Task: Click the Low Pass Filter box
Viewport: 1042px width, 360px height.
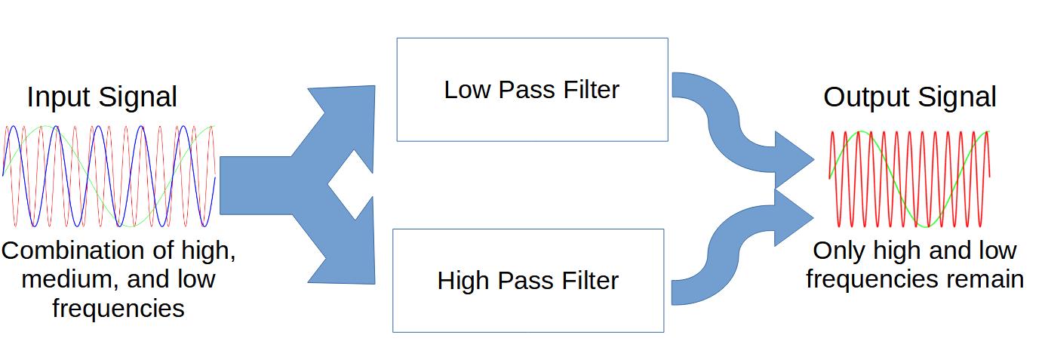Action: pos(532,90)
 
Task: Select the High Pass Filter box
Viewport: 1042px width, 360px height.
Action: pos(528,280)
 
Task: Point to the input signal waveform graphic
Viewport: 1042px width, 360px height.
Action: pos(109,176)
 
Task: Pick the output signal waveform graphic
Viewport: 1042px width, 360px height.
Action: pos(909,179)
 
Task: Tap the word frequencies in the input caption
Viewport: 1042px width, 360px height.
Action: pos(118,308)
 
